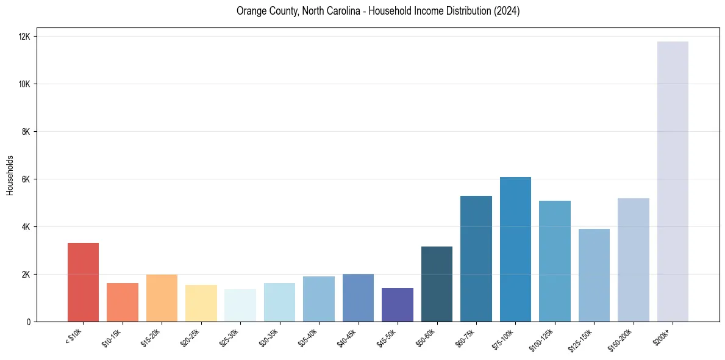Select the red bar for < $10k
point(83,282)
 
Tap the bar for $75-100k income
point(515,249)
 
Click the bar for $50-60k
point(437,284)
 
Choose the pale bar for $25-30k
point(240,305)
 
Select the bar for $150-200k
point(633,260)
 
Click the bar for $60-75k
point(476,259)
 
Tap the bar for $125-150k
point(594,275)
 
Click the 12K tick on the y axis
point(26,37)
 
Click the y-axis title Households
point(10,175)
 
